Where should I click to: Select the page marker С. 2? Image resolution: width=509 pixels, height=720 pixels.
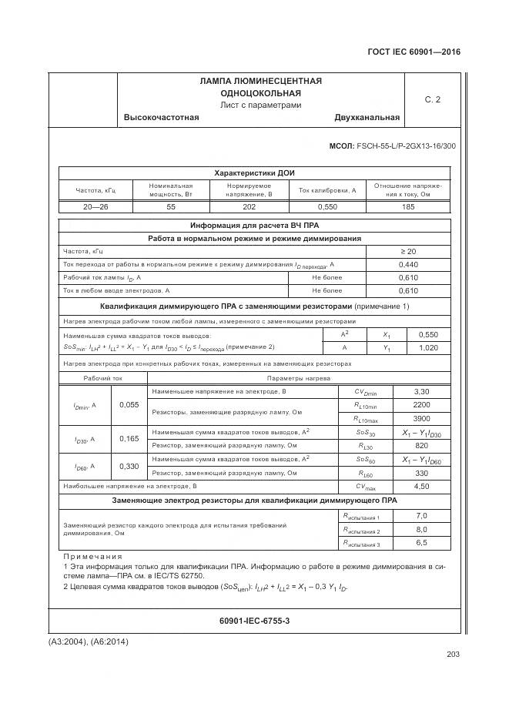coord(433,99)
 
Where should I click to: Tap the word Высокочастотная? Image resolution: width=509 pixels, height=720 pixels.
coord(161,118)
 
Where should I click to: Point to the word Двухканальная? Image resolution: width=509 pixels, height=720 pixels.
coord(367,118)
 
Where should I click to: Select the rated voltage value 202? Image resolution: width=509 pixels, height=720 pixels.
coord(249,207)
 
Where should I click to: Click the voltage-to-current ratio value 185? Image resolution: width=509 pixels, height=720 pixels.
coord(408,207)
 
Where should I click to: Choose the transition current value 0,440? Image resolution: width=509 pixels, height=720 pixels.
coord(408,264)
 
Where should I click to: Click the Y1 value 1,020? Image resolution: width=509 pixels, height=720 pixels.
coord(427,348)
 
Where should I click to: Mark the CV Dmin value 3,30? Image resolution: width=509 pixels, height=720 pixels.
coord(421,392)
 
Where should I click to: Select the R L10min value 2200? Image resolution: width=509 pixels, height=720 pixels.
coord(421,404)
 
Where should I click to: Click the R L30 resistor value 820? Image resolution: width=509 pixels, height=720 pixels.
coord(421,445)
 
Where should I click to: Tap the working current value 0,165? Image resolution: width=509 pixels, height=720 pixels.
coord(129,438)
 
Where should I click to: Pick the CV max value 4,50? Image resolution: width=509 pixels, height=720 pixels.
coord(421,486)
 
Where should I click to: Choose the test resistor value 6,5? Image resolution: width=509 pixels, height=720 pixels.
coord(421,543)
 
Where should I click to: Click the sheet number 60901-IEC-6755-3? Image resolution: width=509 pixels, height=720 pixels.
coord(254,620)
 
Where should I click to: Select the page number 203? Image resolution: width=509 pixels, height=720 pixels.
coord(452,655)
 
